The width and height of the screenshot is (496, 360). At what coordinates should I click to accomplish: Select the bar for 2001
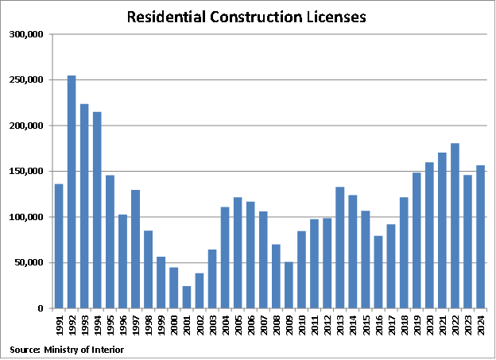pyautogui.click(x=186, y=297)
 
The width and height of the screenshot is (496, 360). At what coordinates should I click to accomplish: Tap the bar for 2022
pyautogui.click(x=455, y=226)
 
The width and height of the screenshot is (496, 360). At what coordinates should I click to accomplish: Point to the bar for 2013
pyautogui.click(x=339, y=247)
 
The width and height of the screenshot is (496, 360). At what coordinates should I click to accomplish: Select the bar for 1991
pyautogui.click(x=59, y=246)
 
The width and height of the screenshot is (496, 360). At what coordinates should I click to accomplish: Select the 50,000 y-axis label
pyautogui.click(x=34, y=263)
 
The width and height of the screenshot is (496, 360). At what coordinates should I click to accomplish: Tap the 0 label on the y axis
pyautogui.click(x=47, y=308)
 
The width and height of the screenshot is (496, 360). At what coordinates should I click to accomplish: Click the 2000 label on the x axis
pyautogui.click(x=174, y=326)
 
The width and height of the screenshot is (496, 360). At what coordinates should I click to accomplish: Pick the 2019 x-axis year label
pyautogui.click(x=417, y=326)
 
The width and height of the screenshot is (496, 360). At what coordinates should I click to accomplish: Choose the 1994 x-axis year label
pyautogui.click(x=97, y=326)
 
